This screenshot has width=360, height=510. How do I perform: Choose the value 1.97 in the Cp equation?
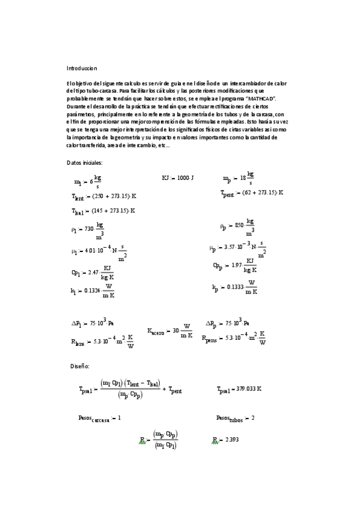click(240, 265)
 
